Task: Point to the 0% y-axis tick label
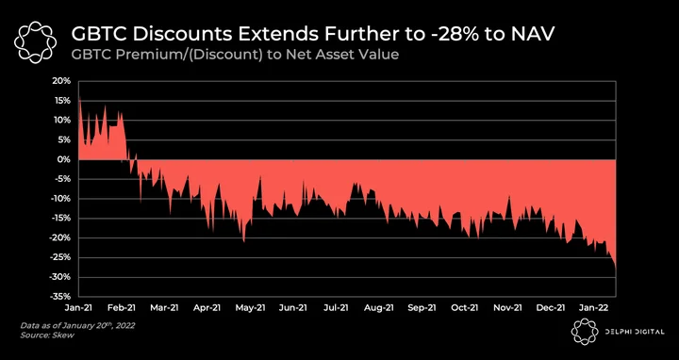[65, 159]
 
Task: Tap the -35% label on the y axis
[62, 297]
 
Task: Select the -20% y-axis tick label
[62, 238]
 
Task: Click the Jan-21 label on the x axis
[79, 307]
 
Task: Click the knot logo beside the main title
[36, 42]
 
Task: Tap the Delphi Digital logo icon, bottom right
[585, 332]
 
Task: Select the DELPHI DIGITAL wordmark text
[635, 332]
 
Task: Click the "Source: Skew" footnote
[47, 335]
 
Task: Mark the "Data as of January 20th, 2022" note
[77, 325]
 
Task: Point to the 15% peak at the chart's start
[79, 97]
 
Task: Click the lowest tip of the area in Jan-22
[615, 270]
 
